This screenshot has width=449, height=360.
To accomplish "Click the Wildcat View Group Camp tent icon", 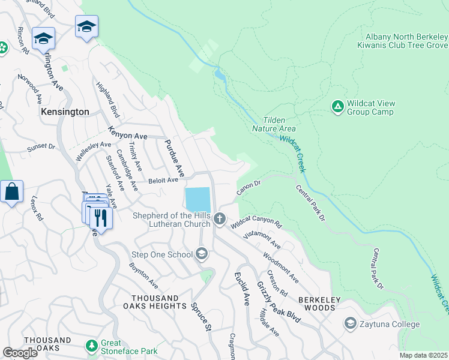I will pos(337,107).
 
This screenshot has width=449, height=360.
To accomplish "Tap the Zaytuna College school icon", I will pos(349,324).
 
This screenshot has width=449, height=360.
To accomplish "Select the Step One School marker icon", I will pos(202,254).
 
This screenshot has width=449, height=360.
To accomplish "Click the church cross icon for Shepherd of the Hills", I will pos(220,220).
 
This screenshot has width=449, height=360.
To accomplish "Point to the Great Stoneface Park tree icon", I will pos(91,346).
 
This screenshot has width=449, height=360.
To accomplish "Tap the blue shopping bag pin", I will pos(11,192).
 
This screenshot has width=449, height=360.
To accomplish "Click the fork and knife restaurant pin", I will pos(101,217).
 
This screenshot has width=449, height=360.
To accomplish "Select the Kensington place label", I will pos(65,112).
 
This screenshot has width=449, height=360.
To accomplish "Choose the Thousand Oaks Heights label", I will pos(155,302).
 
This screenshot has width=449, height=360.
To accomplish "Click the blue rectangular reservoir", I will pos(198,199).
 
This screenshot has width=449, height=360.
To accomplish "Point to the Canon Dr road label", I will pos(249,188).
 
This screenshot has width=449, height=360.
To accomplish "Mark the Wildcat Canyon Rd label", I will pos(256,222).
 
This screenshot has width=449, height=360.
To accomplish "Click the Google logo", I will pos(20,353).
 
